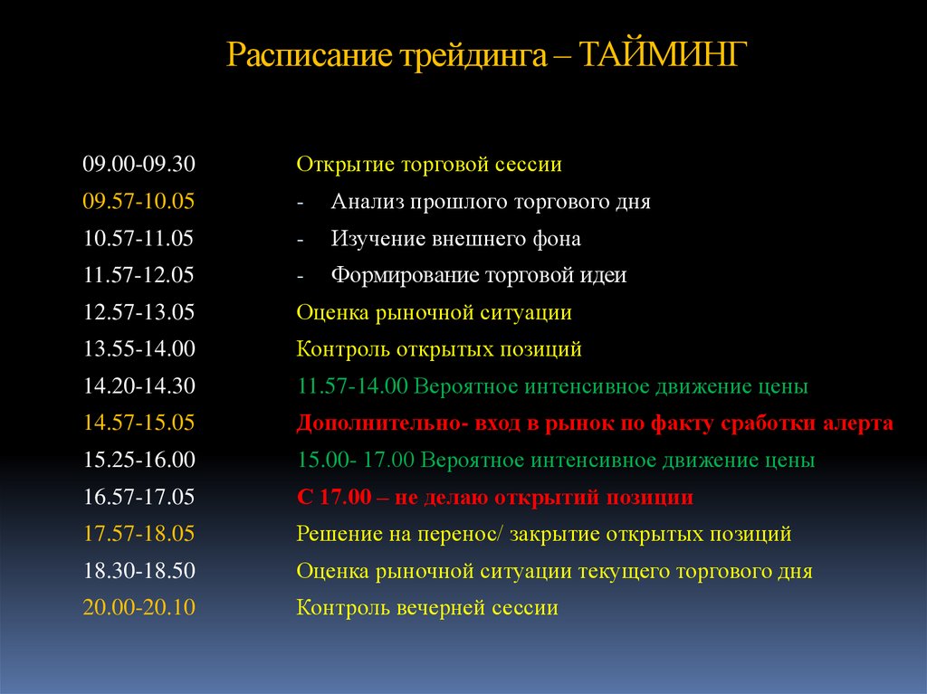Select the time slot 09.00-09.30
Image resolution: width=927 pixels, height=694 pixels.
pos(139,165)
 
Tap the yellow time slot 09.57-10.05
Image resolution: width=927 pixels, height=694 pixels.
pos(139,202)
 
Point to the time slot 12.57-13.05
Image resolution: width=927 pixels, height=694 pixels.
pos(139,312)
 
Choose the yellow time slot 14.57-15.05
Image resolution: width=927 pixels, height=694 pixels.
pos(139,423)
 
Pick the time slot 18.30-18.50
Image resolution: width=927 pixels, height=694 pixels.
pos(139,571)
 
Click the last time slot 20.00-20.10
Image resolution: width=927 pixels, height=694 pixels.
pos(139,608)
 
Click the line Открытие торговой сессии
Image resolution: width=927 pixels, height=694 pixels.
pos(429,165)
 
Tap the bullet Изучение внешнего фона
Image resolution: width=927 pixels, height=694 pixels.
pos(455,239)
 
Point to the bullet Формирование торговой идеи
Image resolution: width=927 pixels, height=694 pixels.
pos(478,275)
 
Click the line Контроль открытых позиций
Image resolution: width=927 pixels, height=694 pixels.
pos(439,349)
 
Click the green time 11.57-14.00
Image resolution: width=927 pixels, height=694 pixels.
pos(354,386)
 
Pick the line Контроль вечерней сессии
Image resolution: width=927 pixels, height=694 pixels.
pos(427,608)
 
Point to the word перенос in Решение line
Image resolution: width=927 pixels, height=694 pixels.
pos(463,534)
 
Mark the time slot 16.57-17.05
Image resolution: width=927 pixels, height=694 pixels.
pos(139,497)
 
